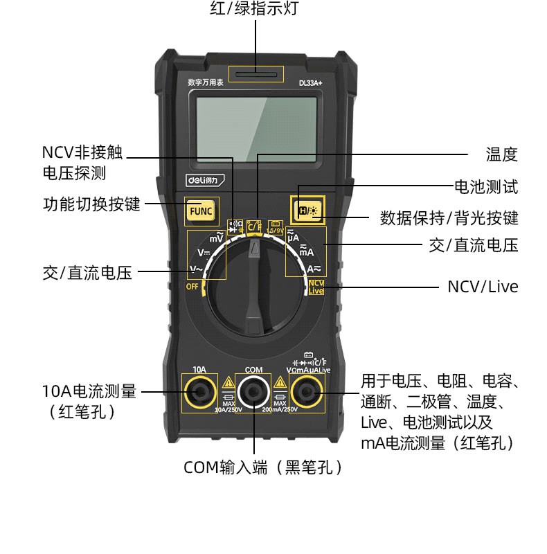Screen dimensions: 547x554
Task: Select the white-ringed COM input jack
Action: [253, 393]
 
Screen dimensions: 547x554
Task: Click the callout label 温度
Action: [501, 154]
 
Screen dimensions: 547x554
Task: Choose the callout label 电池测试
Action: [485, 186]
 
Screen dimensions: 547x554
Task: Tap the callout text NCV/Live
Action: [483, 287]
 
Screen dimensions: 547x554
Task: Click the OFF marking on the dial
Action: [192, 287]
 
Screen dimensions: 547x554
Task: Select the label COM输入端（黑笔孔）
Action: [264, 467]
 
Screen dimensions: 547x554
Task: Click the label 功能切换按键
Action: [91, 204]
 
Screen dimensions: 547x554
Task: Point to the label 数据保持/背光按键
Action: [449, 218]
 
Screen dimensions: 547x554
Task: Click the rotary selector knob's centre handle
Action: [255, 283]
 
